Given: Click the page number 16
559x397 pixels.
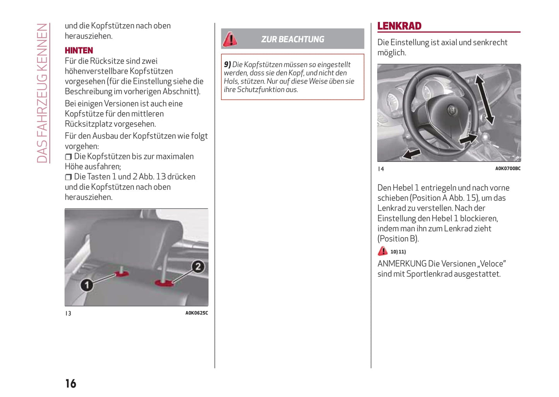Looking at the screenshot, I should [x=71, y=383].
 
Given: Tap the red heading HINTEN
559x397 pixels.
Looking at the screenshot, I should [x=79, y=50].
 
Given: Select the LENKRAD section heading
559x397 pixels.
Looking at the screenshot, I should [x=399, y=26].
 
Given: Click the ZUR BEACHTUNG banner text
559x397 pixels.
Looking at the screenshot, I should [x=292, y=39].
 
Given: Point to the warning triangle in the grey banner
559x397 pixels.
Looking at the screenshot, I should [x=230, y=39].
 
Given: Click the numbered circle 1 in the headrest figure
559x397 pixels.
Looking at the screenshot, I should [x=87, y=285].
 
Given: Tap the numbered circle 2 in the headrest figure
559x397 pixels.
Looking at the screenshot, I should [x=198, y=267].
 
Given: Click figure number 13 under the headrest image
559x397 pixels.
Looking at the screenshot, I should [x=68, y=313].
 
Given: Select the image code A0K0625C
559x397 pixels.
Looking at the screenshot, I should [x=197, y=313].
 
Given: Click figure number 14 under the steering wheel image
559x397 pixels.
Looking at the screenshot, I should [x=381, y=169].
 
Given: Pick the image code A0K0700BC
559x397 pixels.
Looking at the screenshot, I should [x=508, y=168].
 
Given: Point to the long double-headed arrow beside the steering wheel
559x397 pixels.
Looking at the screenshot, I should [x=485, y=100].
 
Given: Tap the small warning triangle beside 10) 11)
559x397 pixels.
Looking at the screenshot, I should [x=383, y=251].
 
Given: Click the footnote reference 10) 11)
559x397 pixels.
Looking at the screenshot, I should [x=398, y=252].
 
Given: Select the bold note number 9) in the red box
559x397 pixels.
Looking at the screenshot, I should [x=227, y=65].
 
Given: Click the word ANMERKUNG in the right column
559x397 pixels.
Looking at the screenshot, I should [x=402, y=264].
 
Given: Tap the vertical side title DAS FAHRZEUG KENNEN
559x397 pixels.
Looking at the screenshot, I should [x=42, y=93].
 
